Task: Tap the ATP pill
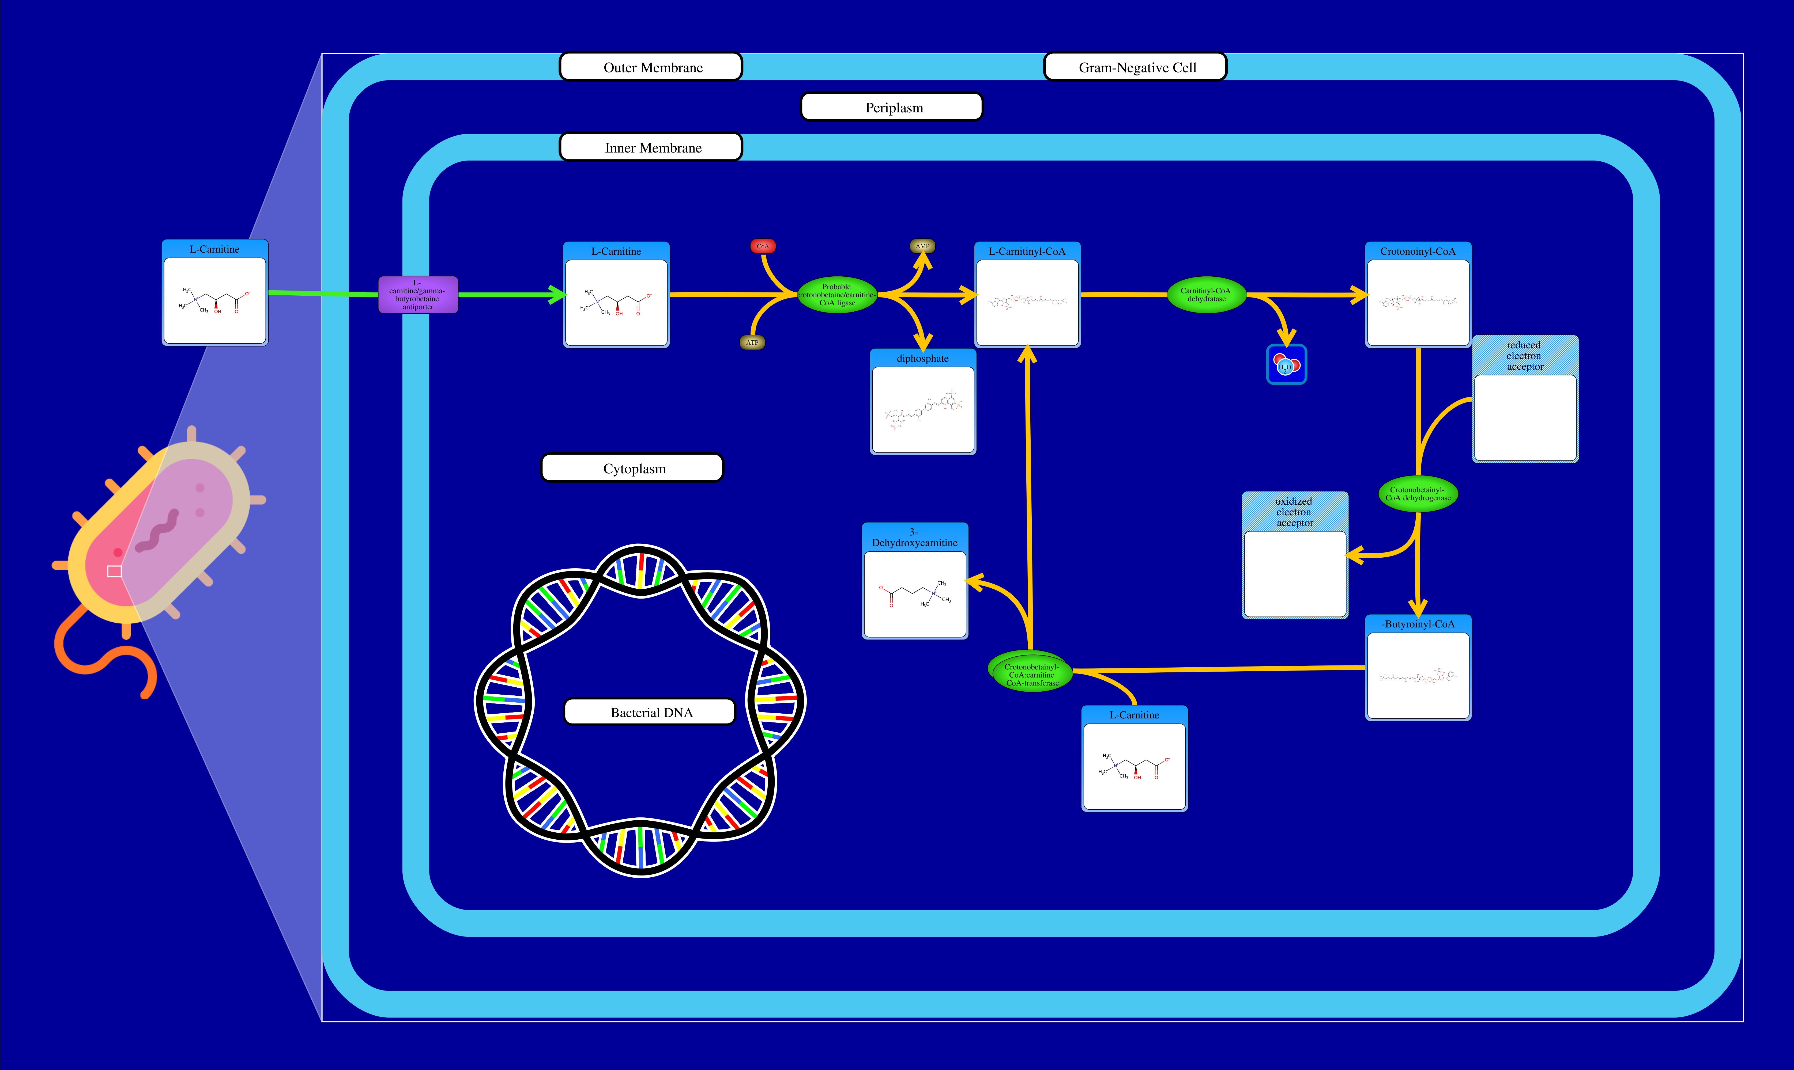coord(752,342)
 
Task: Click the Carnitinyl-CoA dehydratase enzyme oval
coord(1206,295)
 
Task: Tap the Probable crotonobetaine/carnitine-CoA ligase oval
coord(837,295)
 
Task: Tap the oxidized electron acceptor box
coord(1295,555)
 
